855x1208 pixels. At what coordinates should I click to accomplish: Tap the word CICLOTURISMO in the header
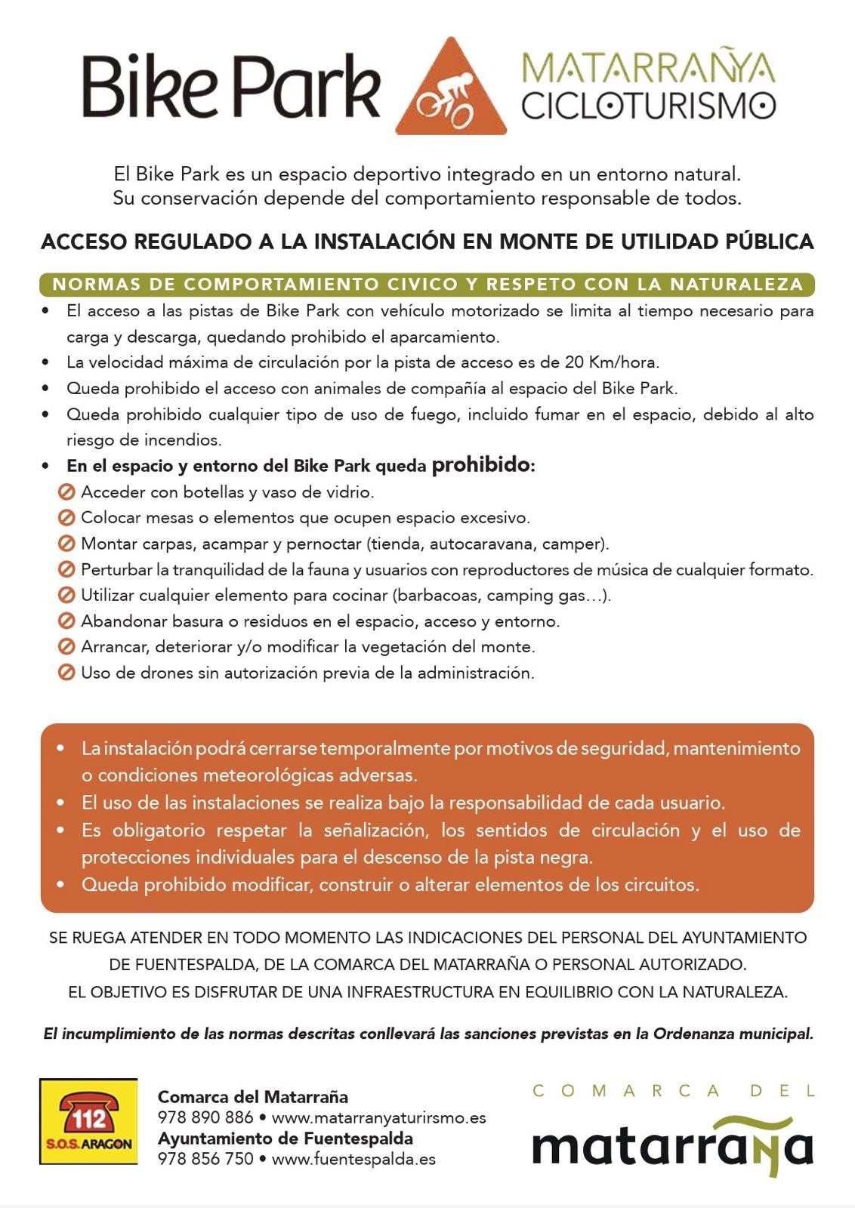tap(648, 106)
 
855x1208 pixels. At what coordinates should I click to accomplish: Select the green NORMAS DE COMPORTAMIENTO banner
tap(427, 285)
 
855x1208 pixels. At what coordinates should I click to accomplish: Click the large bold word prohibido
tap(481, 465)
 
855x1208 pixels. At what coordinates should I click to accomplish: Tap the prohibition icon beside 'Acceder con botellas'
tap(66, 492)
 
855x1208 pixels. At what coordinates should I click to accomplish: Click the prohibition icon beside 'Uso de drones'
tap(66, 672)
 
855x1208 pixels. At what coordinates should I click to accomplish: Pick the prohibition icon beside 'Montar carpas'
tap(66, 544)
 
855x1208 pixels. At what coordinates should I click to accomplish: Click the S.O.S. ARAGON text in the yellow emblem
tap(88, 1143)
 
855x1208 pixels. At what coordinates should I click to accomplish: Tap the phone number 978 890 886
tap(205, 1117)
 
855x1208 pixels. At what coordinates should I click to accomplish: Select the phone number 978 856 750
tap(205, 1158)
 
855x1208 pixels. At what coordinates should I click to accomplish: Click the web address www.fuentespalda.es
tap(353, 1158)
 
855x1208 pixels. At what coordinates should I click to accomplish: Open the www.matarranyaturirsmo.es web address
tap(378, 1117)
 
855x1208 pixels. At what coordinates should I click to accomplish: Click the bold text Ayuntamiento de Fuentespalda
tap(285, 1138)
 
